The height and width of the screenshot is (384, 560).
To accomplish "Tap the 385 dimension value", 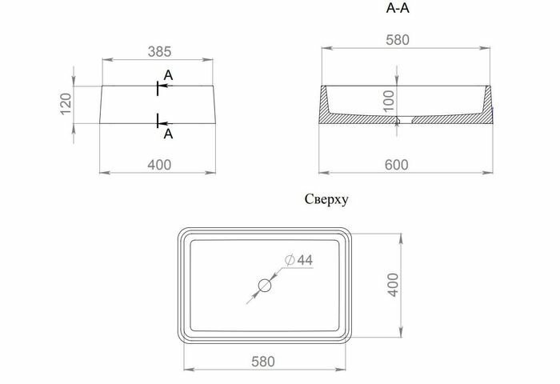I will [159, 50].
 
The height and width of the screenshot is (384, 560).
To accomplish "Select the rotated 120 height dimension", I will [66, 104].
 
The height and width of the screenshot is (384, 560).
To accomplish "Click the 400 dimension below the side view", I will [159, 165].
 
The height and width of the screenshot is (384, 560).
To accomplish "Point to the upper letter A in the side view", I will [168, 75].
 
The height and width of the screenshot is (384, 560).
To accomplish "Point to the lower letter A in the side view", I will [168, 134].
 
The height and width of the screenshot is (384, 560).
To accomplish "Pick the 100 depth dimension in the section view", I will [387, 99].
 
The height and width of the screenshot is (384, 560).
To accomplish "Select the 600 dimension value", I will [397, 165].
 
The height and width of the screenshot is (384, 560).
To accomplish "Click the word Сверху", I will [326, 200].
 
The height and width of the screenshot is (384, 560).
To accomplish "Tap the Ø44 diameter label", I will [298, 260].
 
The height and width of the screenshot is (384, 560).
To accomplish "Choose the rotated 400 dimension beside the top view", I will [393, 284].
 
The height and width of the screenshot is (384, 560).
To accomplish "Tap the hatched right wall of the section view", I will [486, 108].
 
